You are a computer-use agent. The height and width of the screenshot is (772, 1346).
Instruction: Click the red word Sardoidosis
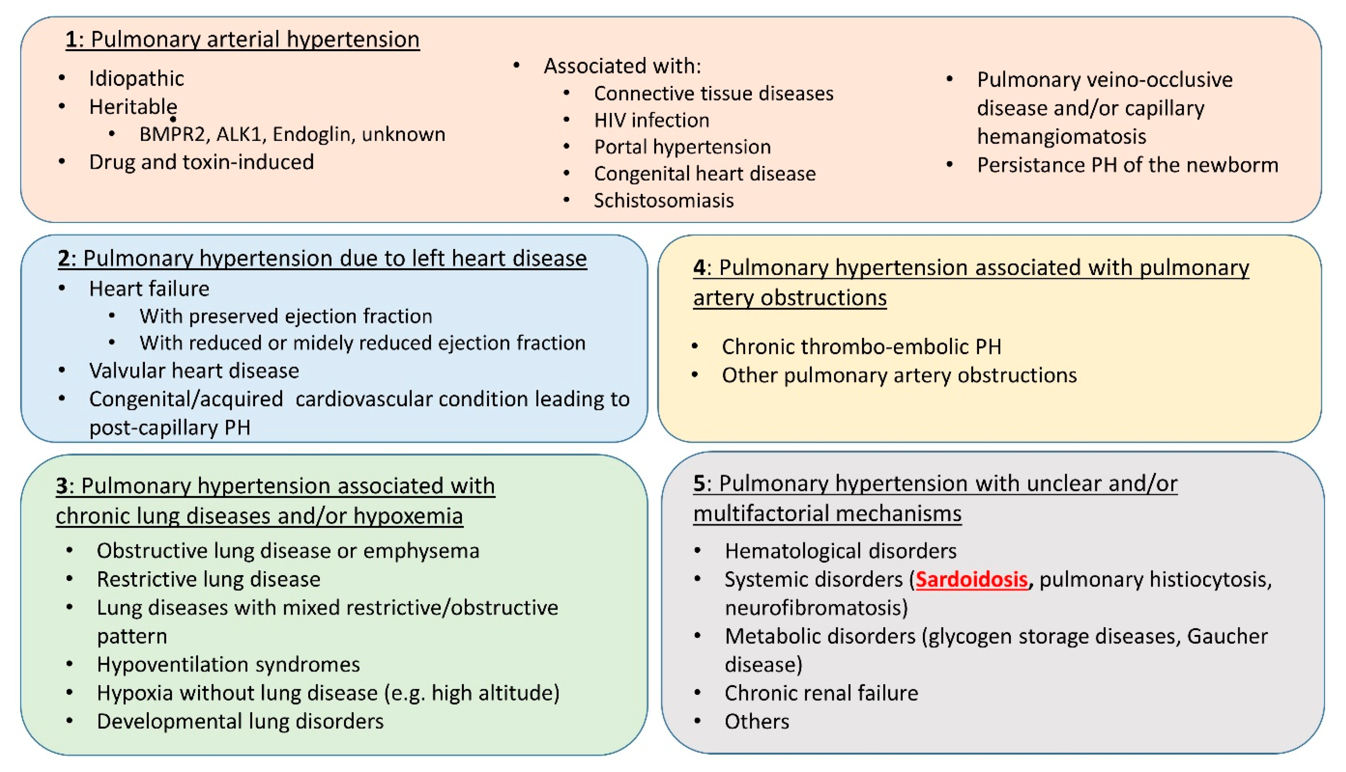972,579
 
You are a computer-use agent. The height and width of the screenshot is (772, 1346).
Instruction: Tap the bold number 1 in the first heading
72,40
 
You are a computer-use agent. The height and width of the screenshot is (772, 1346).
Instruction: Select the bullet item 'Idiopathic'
136,79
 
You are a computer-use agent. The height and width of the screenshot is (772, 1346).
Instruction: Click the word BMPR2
172,135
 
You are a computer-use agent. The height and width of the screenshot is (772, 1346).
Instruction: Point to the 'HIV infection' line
652,120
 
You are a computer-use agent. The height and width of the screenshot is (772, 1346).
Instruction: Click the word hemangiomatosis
1061,137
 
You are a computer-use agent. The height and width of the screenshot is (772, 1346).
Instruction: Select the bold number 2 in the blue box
63,259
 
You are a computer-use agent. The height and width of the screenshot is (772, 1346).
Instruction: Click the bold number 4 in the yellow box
699,268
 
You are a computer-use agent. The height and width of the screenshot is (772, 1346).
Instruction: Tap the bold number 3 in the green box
62,486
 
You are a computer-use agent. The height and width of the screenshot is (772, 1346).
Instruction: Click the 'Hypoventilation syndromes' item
228,665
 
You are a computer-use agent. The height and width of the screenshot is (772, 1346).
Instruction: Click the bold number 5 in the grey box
699,484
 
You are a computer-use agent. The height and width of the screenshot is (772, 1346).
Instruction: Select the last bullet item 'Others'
756,722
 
